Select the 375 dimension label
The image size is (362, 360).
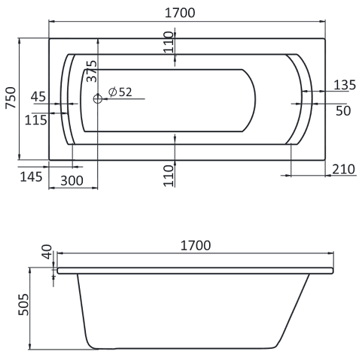(91, 70)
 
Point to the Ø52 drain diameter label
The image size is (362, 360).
(120, 92)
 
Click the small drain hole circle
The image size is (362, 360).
(96, 98)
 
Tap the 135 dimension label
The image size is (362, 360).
(343, 85)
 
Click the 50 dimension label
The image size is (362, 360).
(343, 110)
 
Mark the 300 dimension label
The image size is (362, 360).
(71, 181)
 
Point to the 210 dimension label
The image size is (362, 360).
(343, 169)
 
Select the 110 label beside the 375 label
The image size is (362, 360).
(169, 44)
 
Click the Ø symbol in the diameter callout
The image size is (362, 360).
(111, 92)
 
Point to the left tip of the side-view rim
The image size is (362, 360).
(56, 268)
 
